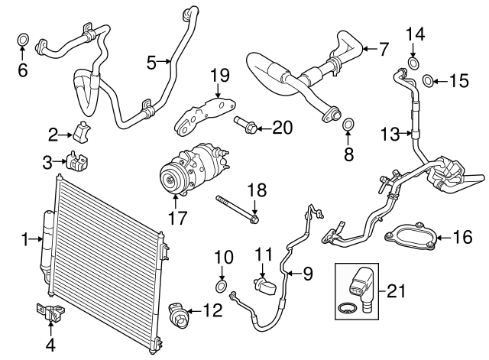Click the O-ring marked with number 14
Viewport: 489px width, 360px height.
pos(414,62)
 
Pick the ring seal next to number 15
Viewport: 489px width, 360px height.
pos(428,78)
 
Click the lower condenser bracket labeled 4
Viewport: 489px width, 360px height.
pos(49,313)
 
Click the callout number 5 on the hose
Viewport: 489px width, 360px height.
pos(151,60)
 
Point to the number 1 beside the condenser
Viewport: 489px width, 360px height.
pos(24,240)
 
